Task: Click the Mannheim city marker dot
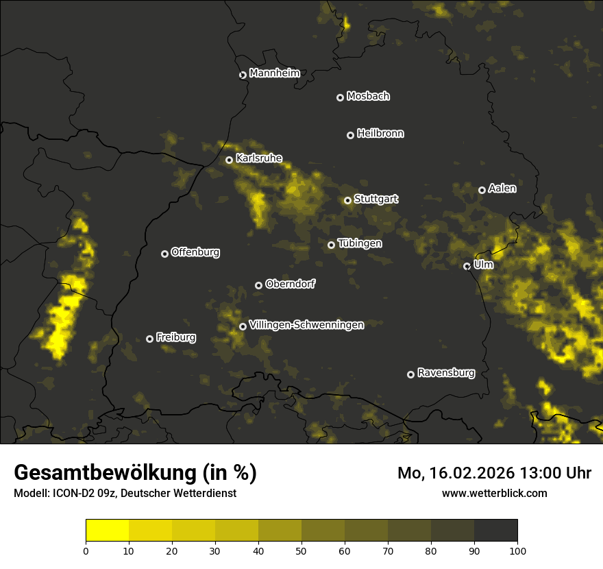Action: coord(243,75)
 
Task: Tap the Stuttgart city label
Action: coord(376,199)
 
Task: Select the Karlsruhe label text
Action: coord(258,158)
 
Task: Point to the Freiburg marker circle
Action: coord(150,339)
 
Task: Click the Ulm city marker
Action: coord(467,266)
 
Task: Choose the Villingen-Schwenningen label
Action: coord(306,325)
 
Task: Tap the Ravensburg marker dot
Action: coord(411,374)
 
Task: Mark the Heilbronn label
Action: coord(380,134)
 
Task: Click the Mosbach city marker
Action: coord(340,98)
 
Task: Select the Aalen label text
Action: coord(502,189)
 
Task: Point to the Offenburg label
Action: coord(195,252)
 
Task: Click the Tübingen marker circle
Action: coord(332,245)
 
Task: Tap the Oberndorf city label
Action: coord(290,284)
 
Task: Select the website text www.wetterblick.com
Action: coord(494,493)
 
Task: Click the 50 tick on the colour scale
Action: coord(301,550)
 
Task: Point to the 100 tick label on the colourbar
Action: coord(517,550)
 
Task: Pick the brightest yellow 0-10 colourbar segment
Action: coord(108,531)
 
